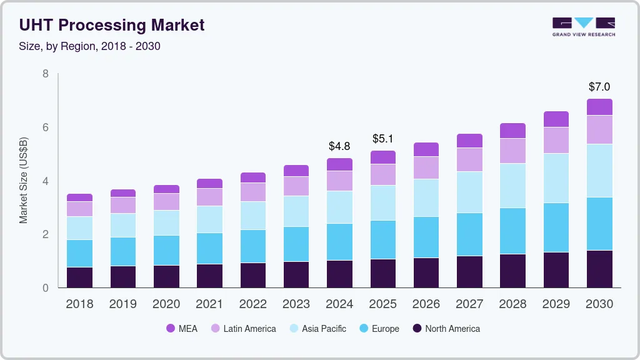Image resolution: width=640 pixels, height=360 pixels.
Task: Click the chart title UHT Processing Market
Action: click(x=112, y=25)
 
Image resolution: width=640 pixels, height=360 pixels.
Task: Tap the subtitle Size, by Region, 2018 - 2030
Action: click(x=89, y=46)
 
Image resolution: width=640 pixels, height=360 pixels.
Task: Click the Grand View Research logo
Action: click(x=583, y=26)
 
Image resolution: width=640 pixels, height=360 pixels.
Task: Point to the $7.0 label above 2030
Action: click(x=599, y=87)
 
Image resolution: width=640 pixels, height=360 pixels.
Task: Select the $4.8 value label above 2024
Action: click(x=339, y=146)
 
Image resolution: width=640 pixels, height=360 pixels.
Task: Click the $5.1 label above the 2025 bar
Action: click(x=382, y=139)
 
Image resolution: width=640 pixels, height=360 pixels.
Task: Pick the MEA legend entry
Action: click(x=182, y=328)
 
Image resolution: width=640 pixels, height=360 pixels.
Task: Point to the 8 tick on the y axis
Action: click(x=46, y=74)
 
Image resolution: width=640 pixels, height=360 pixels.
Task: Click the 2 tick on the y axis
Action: click(x=46, y=234)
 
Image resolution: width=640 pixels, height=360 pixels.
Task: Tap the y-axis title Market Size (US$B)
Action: click(x=24, y=180)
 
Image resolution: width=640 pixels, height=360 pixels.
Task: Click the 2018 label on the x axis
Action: click(x=79, y=304)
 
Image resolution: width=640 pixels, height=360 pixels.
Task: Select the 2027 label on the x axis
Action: click(x=469, y=304)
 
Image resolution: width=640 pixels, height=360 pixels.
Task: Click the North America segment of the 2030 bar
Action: click(x=599, y=269)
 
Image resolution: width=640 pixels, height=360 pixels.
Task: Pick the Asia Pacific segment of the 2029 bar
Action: click(x=556, y=178)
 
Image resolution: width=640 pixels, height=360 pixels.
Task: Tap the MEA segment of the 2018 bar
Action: click(x=79, y=197)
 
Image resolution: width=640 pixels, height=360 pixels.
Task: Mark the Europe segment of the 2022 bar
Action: click(x=253, y=246)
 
